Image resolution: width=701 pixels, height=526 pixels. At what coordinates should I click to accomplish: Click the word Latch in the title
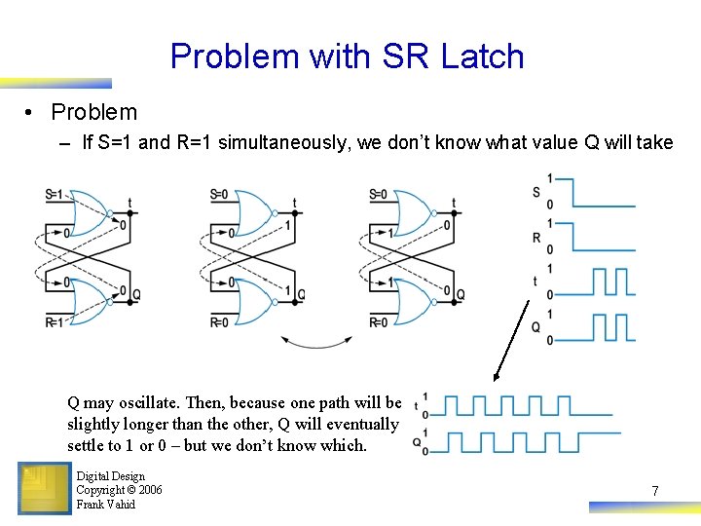coord(482,56)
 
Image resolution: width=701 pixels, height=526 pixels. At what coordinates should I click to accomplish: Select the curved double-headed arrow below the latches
coord(315,342)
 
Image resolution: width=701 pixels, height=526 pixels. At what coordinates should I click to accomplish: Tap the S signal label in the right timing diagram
coord(535,192)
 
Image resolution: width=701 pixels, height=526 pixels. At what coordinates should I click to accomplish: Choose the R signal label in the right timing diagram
coord(535,237)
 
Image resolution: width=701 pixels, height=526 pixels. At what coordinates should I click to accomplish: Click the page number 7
coord(655,491)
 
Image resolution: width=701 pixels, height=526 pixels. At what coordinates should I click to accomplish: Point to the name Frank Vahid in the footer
coord(105,505)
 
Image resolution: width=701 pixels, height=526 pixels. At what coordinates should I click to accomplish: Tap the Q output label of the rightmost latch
coord(461,294)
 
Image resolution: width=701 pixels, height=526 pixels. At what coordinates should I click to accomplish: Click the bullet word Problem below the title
coord(94,112)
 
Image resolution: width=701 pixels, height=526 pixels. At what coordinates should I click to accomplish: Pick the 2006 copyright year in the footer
coord(149,490)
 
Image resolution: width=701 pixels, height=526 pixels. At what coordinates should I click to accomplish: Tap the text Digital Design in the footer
coord(110,476)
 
